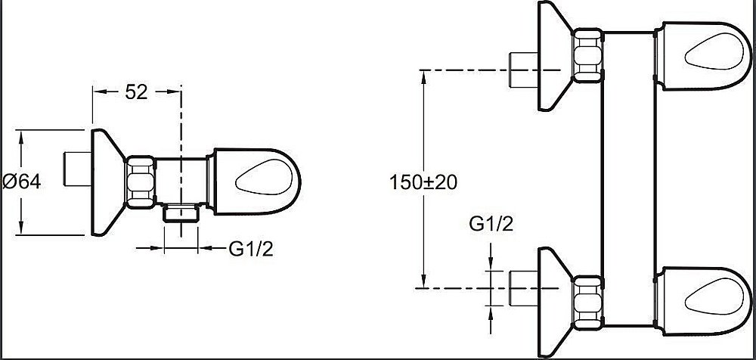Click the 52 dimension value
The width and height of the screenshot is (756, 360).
[x=136, y=92]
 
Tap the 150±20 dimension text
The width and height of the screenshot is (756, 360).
[x=424, y=182]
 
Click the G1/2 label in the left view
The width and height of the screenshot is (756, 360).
[x=251, y=248]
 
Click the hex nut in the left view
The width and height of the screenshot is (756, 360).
[x=141, y=182]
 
